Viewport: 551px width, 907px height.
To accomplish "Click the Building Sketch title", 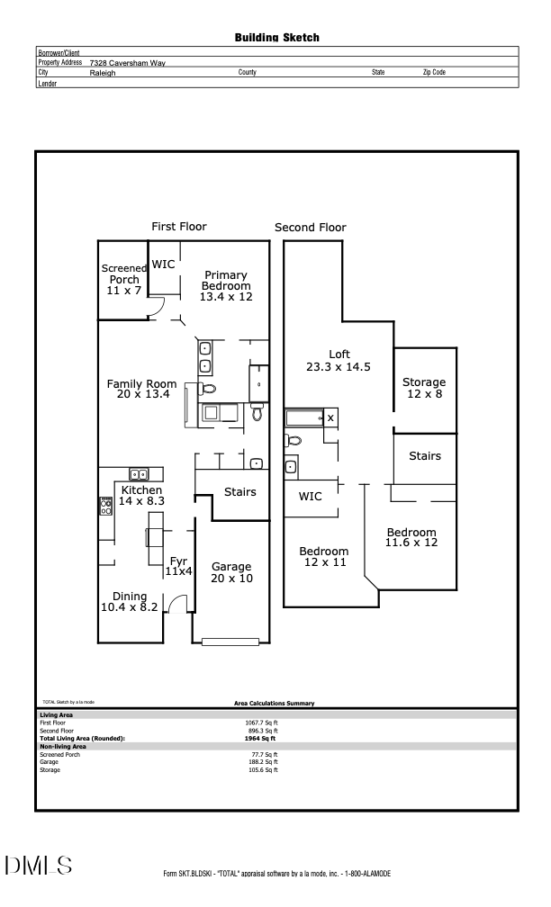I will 276,38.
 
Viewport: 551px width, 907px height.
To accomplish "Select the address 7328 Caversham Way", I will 127,63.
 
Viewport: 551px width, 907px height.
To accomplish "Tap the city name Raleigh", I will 103,73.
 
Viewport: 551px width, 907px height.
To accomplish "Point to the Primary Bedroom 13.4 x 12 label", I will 225,286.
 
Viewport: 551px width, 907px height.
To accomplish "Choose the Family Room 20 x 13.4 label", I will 141,390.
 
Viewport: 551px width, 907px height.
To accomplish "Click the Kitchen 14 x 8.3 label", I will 141,496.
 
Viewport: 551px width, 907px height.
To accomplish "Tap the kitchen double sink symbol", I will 140,474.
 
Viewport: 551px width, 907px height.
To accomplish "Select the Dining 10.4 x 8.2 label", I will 129,602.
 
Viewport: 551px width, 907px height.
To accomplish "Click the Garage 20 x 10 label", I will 231,572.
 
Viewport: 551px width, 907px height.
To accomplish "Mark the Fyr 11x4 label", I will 178,566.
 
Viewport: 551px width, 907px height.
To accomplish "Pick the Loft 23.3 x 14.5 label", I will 339,360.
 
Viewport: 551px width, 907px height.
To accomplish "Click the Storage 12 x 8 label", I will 423,388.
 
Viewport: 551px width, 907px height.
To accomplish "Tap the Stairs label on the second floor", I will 424,456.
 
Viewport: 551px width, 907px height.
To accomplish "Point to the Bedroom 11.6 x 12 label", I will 411,538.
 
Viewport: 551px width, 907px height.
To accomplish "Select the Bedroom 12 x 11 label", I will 323,556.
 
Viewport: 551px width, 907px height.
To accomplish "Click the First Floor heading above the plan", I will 179,227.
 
